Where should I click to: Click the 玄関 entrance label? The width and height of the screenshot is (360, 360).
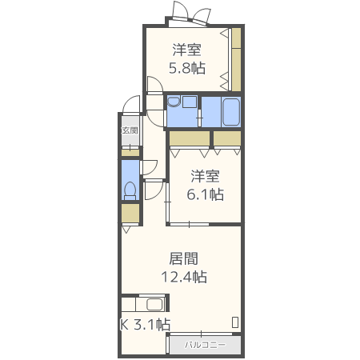(130, 130)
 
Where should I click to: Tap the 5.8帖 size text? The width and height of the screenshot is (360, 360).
(186, 68)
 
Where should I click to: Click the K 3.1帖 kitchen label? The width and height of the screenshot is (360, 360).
(145, 325)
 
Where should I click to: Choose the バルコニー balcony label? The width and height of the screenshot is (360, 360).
(205, 345)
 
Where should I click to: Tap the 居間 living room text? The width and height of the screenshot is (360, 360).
(184, 259)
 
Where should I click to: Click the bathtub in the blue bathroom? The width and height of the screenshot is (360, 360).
(230, 111)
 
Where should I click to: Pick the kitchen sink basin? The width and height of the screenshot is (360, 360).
(153, 305)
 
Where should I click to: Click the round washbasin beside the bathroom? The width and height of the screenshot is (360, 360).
(174, 102)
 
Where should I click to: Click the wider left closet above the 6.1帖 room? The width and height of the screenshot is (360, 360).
(189, 138)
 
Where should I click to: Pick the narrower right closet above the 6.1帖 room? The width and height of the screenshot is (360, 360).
(228, 138)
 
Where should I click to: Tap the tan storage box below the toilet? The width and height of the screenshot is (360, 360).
(130, 214)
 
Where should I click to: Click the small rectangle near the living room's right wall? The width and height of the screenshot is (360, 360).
(235, 322)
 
